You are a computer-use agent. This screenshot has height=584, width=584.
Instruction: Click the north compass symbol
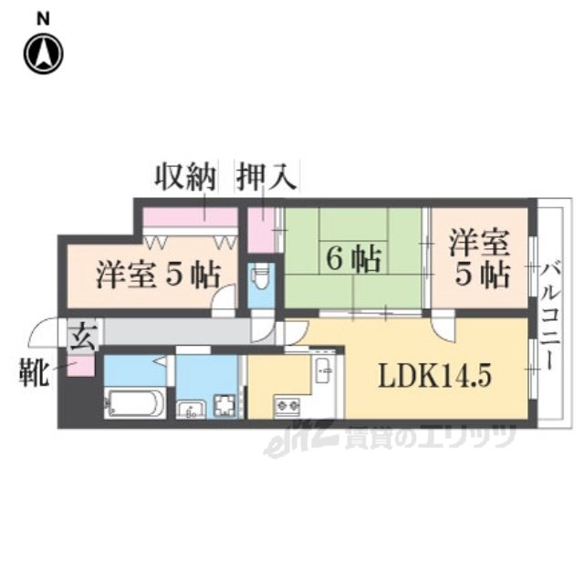(43, 54)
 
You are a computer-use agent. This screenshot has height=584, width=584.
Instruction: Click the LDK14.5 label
(432, 374)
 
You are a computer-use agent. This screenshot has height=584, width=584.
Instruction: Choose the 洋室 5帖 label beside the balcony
(478, 260)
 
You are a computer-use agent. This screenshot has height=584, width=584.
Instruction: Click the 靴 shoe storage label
(35, 373)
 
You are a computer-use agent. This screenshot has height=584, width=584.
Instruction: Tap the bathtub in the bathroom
(134, 401)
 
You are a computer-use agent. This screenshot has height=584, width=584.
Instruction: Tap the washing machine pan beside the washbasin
(224, 404)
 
